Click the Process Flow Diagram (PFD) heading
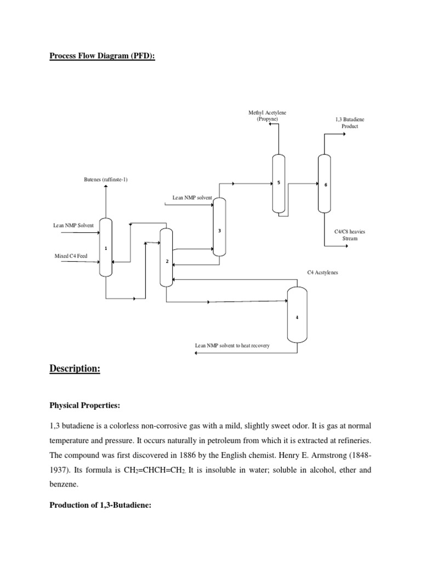pyautogui.click(x=102, y=56)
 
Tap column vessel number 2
pyautogui.click(x=166, y=257)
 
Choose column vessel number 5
pyautogui.click(x=279, y=183)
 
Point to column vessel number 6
pyautogui.click(x=325, y=184)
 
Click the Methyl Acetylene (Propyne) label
pyautogui.click(x=268, y=116)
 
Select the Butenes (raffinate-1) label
pyautogui.click(x=106, y=179)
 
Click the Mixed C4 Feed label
pyautogui.click(x=71, y=256)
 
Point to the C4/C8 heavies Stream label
pyautogui.click(x=350, y=235)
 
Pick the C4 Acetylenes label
pyautogui.click(x=322, y=272)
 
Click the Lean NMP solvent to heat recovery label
pyautogui.click(x=232, y=346)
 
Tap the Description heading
pyautogui.click(x=75, y=369)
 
